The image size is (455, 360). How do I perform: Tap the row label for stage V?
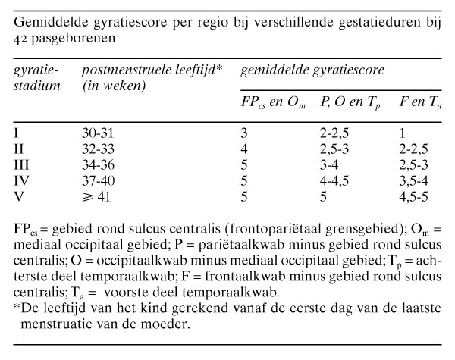(x=20, y=190)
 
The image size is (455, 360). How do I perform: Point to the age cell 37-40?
(x=98, y=176)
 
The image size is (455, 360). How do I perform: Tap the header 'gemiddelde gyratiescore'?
(x=310, y=70)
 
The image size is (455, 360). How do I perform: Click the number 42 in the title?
(x=23, y=36)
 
